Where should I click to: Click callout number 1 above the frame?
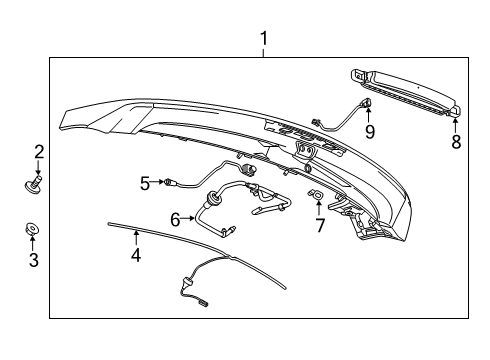click(x=264, y=40)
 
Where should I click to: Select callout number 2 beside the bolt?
click(x=39, y=152)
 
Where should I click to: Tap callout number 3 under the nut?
click(x=33, y=261)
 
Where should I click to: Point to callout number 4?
click(x=136, y=256)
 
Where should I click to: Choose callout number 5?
click(x=145, y=182)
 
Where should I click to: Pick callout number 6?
click(x=176, y=217)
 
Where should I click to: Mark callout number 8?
click(x=455, y=143)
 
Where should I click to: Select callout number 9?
click(x=369, y=130)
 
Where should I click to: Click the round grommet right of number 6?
click(x=213, y=197)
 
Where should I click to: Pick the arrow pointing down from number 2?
click(x=39, y=167)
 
